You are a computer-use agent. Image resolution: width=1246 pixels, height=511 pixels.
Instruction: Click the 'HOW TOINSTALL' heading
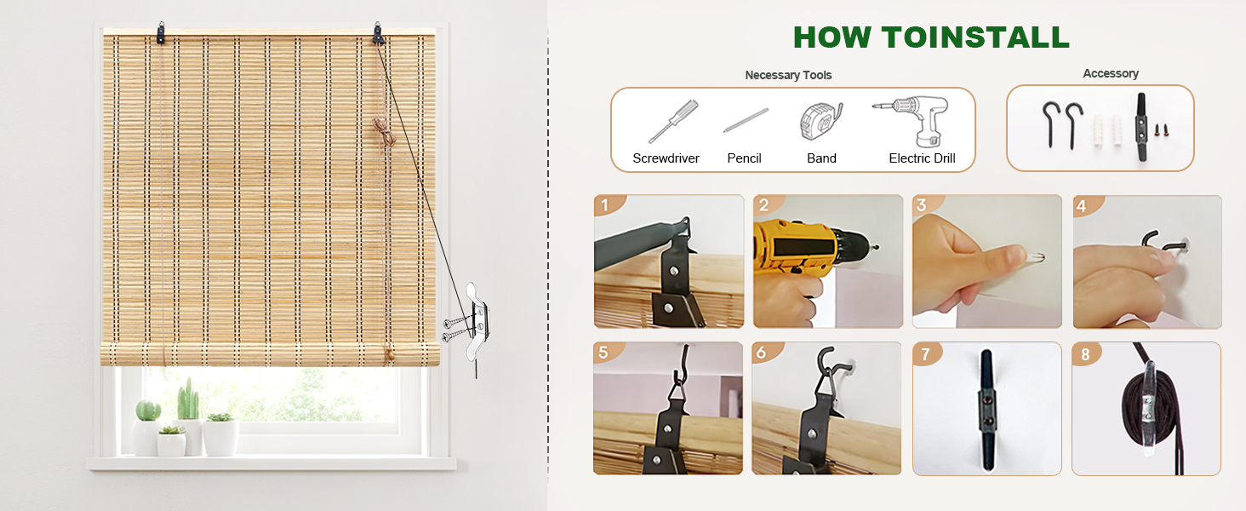(x=930, y=37)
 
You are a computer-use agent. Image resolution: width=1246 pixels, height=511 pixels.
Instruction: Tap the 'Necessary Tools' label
(x=788, y=75)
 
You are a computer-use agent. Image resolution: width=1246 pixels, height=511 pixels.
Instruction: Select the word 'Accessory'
(x=1110, y=73)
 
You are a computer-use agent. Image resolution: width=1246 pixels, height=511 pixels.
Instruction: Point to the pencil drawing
(x=746, y=120)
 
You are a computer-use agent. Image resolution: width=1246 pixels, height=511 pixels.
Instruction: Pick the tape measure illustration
(x=820, y=121)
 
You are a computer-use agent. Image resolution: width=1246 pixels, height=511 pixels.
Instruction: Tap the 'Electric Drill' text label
(x=922, y=158)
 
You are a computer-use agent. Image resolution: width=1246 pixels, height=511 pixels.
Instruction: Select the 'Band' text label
(x=821, y=158)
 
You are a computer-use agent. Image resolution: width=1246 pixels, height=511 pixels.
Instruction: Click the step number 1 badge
(x=606, y=205)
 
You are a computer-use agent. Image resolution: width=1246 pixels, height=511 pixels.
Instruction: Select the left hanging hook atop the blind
(x=160, y=34)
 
